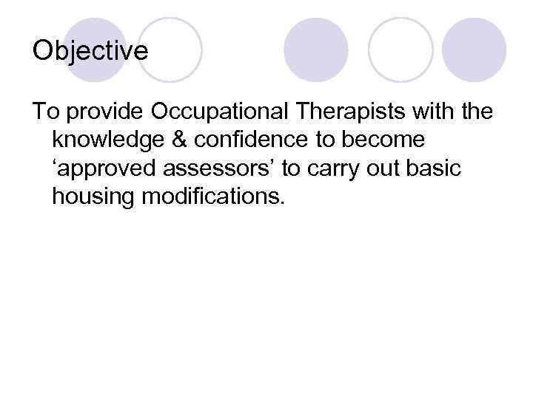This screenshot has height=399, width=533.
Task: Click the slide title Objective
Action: coord(90,51)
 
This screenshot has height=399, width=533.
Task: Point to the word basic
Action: coord(435,168)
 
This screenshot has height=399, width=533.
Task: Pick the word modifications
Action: coord(214,197)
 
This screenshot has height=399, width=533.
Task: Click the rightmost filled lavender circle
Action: coord(474,50)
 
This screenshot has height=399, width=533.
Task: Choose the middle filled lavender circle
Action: coord(316,50)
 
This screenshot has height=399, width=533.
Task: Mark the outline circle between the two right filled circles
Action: coord(400,50)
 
